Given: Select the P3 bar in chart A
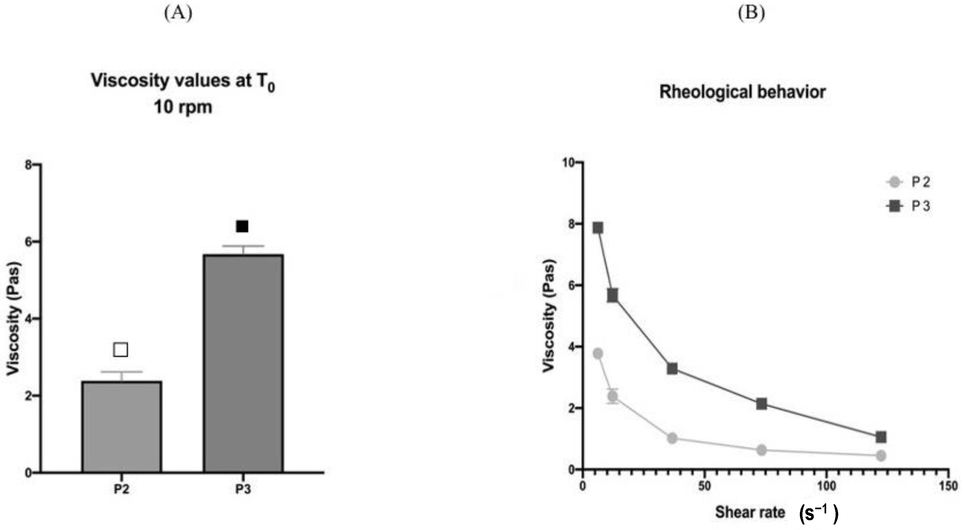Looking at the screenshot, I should (243, 363).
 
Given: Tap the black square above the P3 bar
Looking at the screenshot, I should (242, 226).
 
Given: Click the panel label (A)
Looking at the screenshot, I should (178, 13).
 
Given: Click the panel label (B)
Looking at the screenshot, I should (751, 13).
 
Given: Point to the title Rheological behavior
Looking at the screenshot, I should (742, 92).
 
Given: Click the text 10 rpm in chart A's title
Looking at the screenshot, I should (183, 107).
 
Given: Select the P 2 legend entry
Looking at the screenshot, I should (908, 182).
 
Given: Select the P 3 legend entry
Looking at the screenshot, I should (908, 206).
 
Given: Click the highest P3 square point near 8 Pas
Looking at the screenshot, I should (598, 228).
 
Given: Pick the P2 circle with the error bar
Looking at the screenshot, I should (612, 396).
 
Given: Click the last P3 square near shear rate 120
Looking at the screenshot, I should (881, 437).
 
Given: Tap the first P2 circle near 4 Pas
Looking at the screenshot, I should (598, 353).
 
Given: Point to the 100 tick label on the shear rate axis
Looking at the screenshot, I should (826, 486).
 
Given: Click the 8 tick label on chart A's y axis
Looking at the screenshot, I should (28, 165).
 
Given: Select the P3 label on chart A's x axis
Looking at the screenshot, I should (243, 489).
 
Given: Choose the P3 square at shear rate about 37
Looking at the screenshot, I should (672, 369).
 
